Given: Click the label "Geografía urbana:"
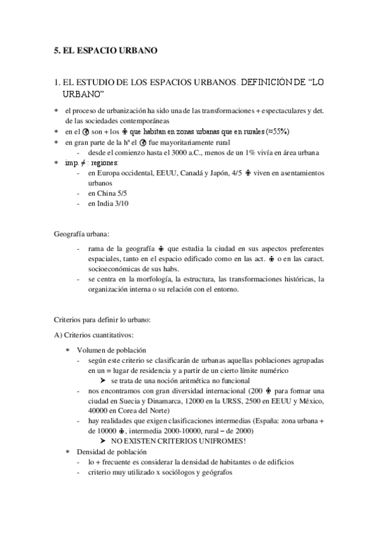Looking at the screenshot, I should [x=82, y=235].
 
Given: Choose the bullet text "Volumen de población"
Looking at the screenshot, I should [x=112, y=350].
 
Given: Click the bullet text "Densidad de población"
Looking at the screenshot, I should [x=112, y=452].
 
